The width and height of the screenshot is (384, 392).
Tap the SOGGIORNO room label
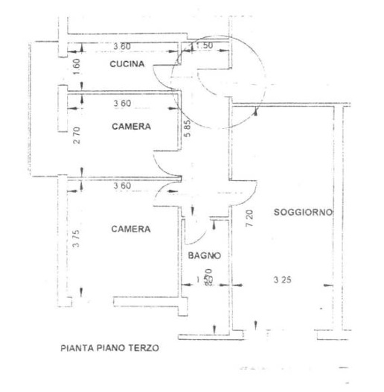pyautogui.click(x=302, y=213)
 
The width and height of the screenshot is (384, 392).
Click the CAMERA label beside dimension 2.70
pyautogui.click(x=131, y=127)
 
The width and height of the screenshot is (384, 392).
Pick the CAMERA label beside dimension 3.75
pyautogui.click(x=131, y=229)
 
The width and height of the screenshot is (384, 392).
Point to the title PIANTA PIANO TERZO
pyautogui.click(x=109, y=348)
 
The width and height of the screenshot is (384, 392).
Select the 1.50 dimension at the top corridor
pyautogui.click(x=203, y=47)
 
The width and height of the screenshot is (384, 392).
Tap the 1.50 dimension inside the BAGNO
pyautogui.click(x=202, y=279)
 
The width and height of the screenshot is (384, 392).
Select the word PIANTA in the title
pyautogui.click(x=75, y=348)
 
